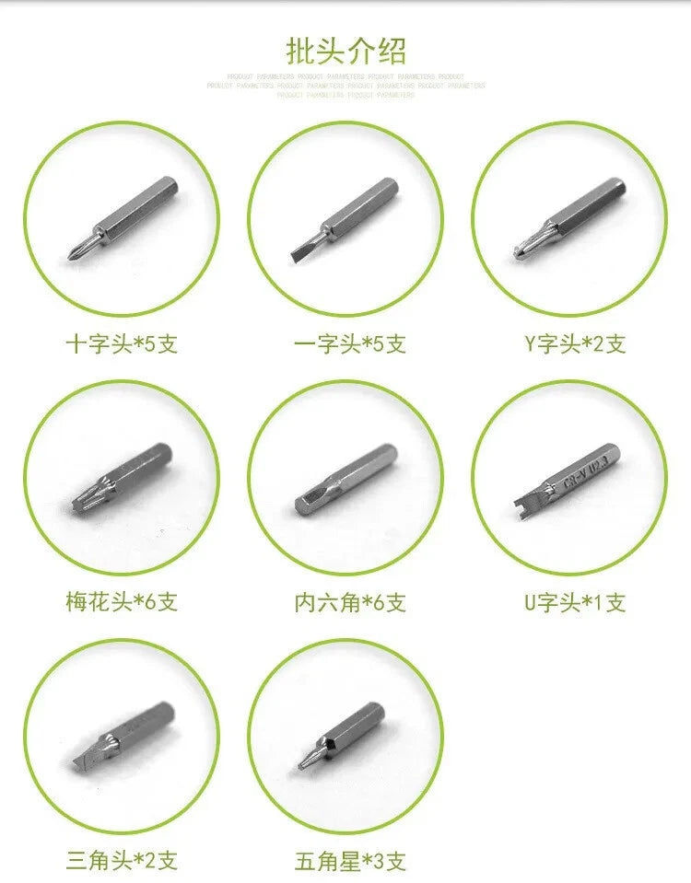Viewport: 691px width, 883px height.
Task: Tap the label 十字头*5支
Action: tap(122, 344)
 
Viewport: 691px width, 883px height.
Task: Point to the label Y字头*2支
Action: tap(575, 344)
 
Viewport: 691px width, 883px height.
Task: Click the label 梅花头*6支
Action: tap(122, 602)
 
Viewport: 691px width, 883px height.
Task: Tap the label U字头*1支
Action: tap(575, 602)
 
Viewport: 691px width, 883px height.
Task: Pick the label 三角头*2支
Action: tap(122, 861)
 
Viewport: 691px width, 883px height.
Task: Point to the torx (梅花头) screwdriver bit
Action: tap(124, 474)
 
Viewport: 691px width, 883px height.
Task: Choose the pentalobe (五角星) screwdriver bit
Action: tap(342, 734)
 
